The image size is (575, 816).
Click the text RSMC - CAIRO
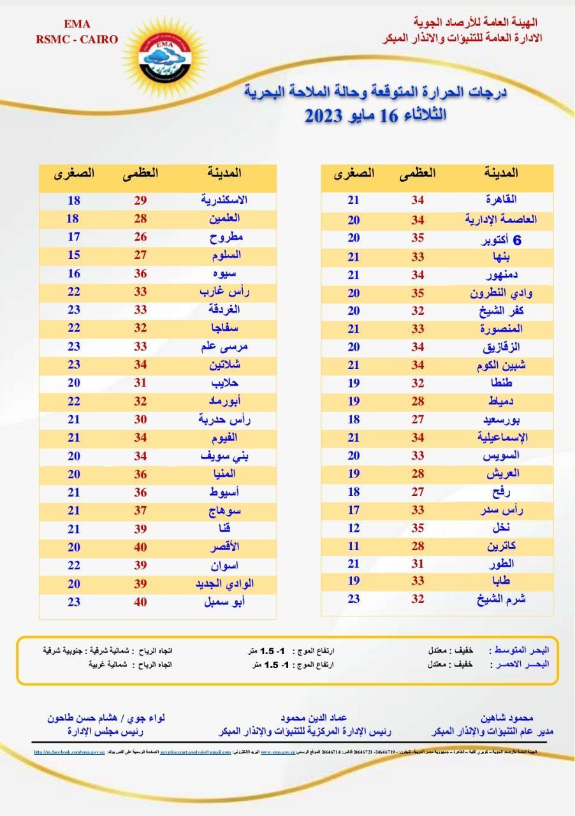click(76, 40)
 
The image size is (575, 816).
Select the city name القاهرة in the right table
click(501, 200)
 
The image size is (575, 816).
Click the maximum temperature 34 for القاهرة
click(418, 200)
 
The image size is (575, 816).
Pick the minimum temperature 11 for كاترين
click(354, 546)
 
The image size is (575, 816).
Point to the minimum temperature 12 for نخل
click(354, 528)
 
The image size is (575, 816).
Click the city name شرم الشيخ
click(501, 599)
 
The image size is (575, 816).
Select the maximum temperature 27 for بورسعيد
click(418, 420)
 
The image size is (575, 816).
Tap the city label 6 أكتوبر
click(501, 240)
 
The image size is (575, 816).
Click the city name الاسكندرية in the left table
click(224, 200)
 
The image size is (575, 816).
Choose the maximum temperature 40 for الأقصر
click(140, 547)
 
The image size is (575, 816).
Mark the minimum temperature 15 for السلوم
click(73, 255)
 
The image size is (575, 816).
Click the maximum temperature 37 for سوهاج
click(140, 511)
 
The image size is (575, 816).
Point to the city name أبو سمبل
click(224, 602)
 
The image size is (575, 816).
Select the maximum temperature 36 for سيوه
click(140, 273)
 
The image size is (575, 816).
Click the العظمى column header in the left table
click(140, 173)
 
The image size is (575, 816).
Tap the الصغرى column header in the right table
click(354, 173)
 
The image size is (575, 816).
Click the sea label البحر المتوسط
click(521, 650)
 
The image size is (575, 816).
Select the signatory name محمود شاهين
click(507, 718)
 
